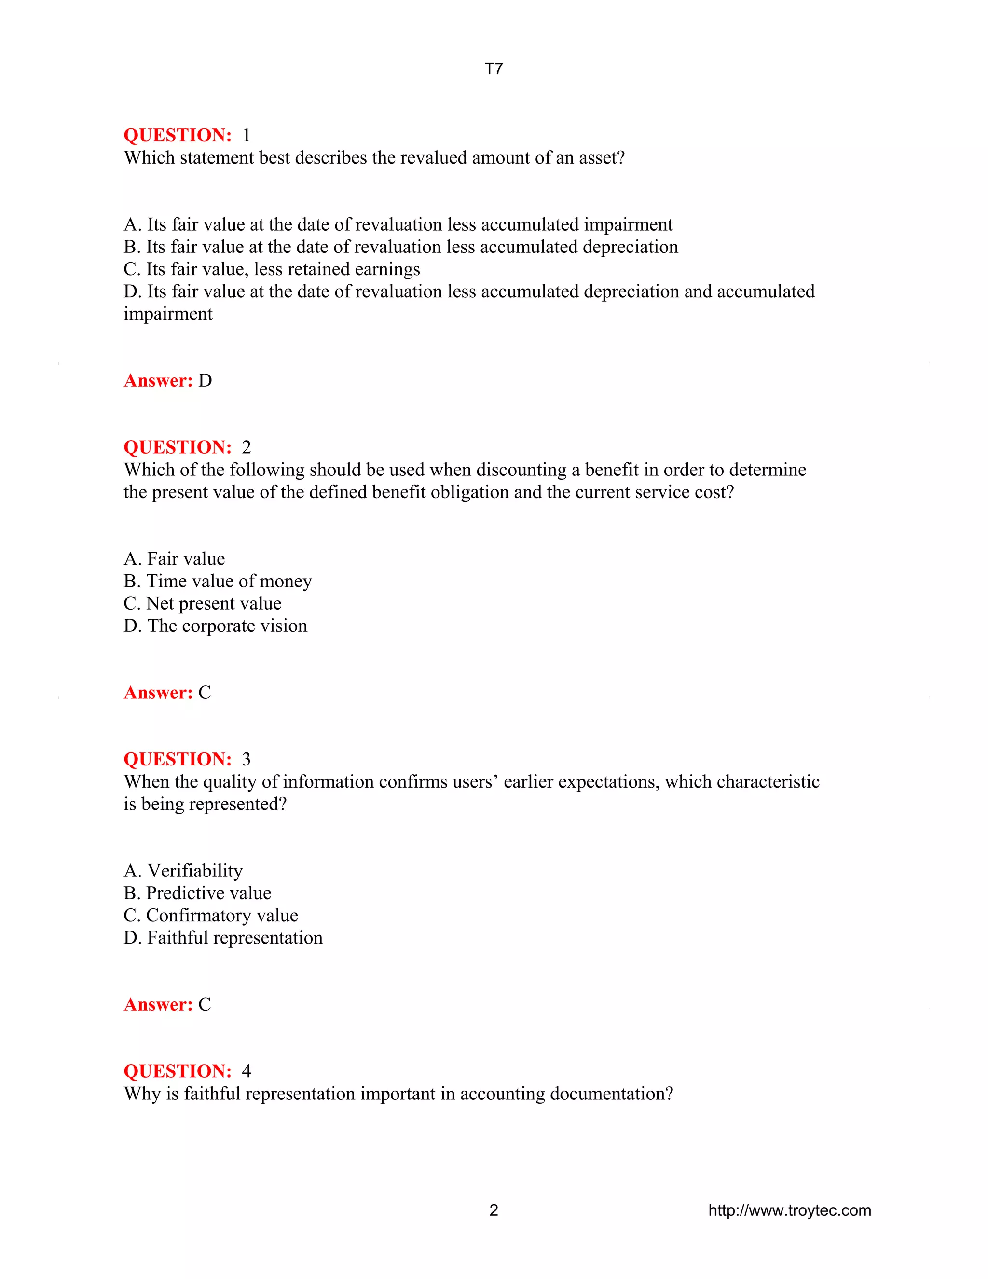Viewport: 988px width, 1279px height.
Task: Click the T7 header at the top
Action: [x=494, y=69]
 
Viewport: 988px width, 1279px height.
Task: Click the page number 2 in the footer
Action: [x=494, y=1210]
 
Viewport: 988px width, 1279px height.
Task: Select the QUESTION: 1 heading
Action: [x=187, y=135]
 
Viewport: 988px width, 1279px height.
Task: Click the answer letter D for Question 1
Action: [x=205, y=381]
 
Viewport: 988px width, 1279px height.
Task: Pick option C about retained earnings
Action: [x=272, y=269]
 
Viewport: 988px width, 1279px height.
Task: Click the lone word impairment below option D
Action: [x=168, y=314]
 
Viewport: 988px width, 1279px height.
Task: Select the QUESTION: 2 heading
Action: [x=187, y=447]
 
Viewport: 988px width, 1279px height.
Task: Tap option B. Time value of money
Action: [x=217, y=581]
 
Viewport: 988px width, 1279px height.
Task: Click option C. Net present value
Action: [x=202, y=603]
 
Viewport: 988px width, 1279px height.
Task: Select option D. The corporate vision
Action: [x=215, y=626]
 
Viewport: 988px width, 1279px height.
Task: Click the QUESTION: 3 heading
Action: [x=187, y=759]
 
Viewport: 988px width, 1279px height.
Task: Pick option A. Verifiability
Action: [x=183, y=871]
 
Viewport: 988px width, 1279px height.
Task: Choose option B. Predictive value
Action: [x=197, y=893]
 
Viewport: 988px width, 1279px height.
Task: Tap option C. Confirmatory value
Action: [x=211, y=915]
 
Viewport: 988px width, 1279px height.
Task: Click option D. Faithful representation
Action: [x=223, y=938]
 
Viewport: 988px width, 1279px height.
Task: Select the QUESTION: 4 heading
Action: [x=187, y=1071]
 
